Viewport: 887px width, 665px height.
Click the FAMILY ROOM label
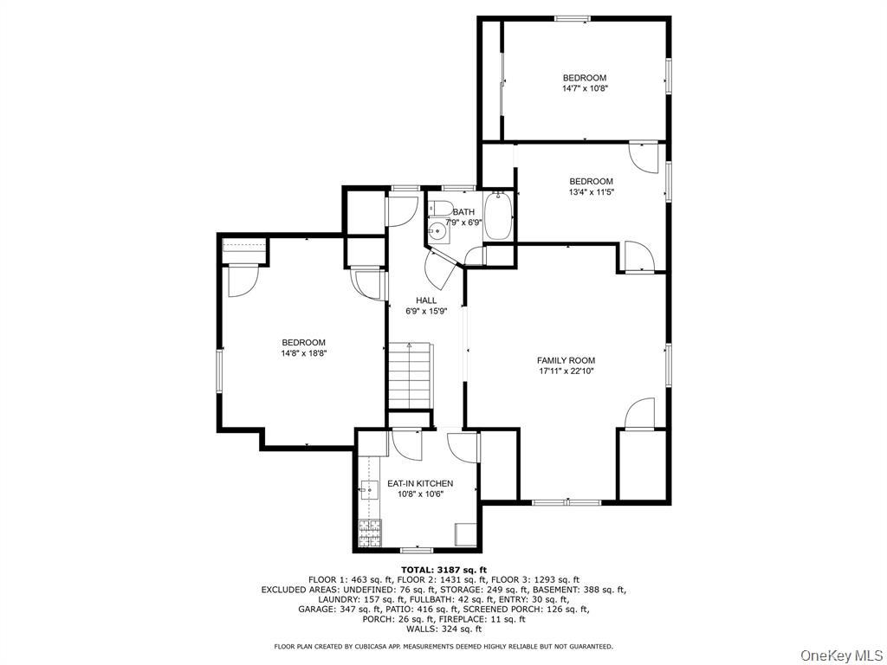tap(566, 360)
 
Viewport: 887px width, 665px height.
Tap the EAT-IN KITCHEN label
tap(419, 483)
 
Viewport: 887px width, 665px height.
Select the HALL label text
tap(425, 300)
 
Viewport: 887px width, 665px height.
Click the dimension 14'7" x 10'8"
tap(584, 88)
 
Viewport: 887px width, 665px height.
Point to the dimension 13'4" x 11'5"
tap(591, 192)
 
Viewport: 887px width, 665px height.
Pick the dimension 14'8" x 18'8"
tap(303, 353)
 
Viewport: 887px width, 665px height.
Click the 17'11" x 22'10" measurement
tap(566, 371)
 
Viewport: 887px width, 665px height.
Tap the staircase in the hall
tap(410, 374)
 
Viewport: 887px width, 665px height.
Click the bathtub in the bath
tap(499, 216)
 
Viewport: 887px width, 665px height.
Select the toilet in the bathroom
tap(441, 209)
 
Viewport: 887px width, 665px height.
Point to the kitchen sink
tap(368, 490)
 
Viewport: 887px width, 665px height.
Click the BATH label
tap(463, 212)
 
